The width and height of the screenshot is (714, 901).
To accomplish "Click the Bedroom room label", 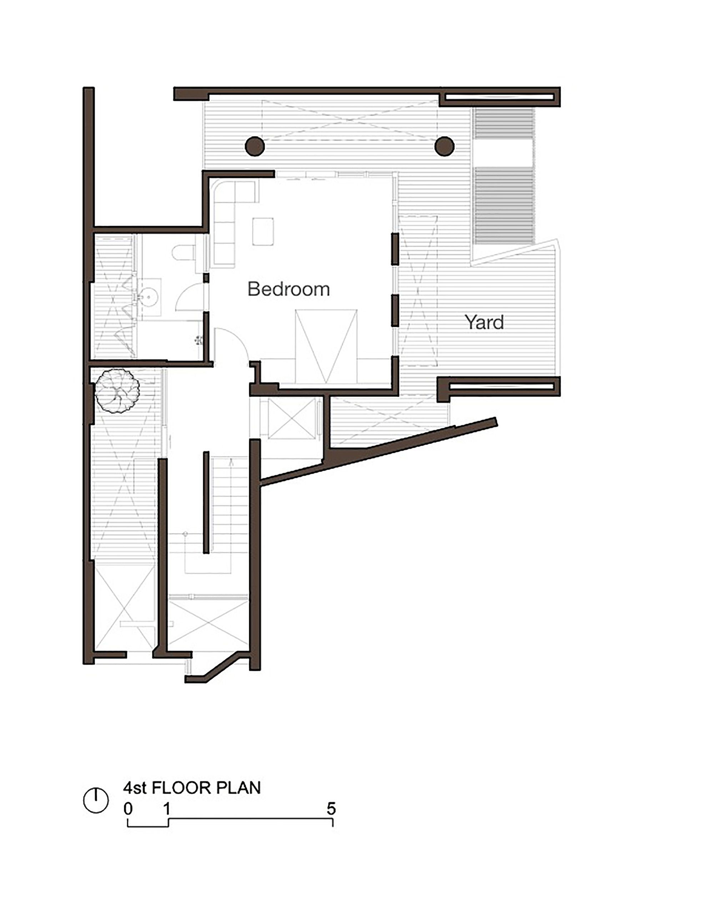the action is [288, 289].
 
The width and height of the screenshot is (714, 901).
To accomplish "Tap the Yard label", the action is [484, 322].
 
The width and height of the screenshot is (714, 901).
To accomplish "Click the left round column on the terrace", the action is [255, 146].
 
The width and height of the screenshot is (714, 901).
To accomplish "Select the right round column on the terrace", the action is [444, 146].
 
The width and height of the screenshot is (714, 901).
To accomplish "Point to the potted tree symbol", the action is [117, 391].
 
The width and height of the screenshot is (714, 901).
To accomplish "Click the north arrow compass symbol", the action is [96, 800].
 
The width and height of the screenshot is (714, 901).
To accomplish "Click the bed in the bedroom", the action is [326, 346].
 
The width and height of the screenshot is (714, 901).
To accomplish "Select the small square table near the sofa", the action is [263, 231].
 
